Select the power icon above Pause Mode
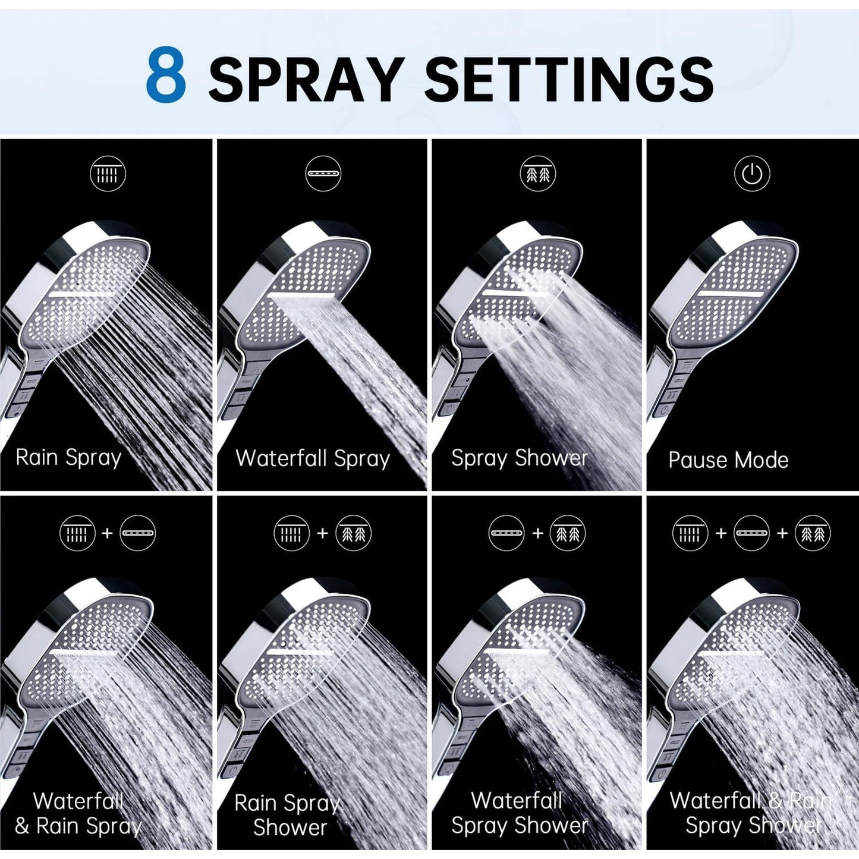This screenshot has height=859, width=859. click(x=752, y=174)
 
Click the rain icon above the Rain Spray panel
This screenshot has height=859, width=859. click(x=108, y=174)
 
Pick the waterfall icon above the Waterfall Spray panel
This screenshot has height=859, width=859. click(x=323, y=174)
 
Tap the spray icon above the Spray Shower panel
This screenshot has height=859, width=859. click(x=537, y=174)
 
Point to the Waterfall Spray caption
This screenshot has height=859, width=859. click(x=313, y=459)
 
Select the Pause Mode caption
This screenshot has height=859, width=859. click(x=728, y=460)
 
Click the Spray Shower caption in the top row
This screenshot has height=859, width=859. click(x=520, y=459)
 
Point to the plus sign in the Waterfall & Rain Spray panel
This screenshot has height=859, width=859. click(x=107, y=533)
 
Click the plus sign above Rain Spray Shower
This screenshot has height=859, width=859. click(x=322, y=533)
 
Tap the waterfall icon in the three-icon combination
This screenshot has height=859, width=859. click(x=751, y=533)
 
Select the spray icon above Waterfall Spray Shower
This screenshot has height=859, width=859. click(x=568, y=533)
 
